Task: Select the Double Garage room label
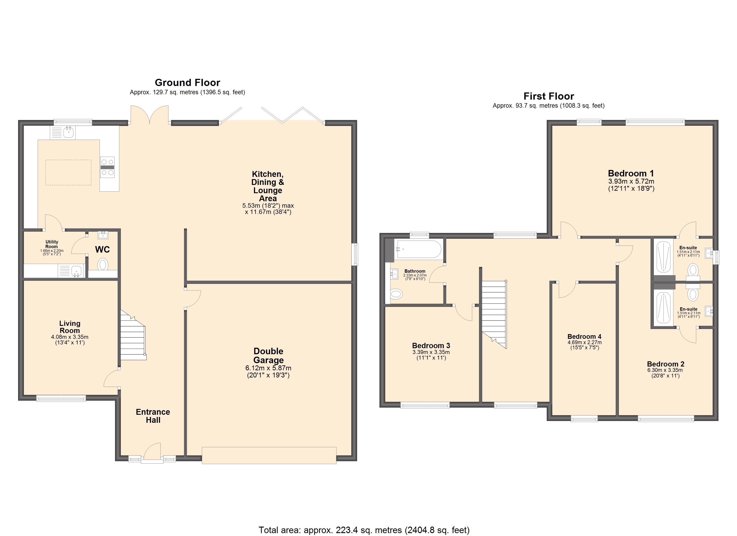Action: [268, 356]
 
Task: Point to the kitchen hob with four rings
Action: [107, 167]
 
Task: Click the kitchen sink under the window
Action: [63, 133]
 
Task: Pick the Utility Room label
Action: [52, 244]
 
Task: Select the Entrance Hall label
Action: [153, 416]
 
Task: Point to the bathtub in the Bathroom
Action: [418, 249]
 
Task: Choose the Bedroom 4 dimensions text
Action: [585, 345]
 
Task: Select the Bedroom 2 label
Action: [666, 364]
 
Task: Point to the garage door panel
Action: [269, 455]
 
